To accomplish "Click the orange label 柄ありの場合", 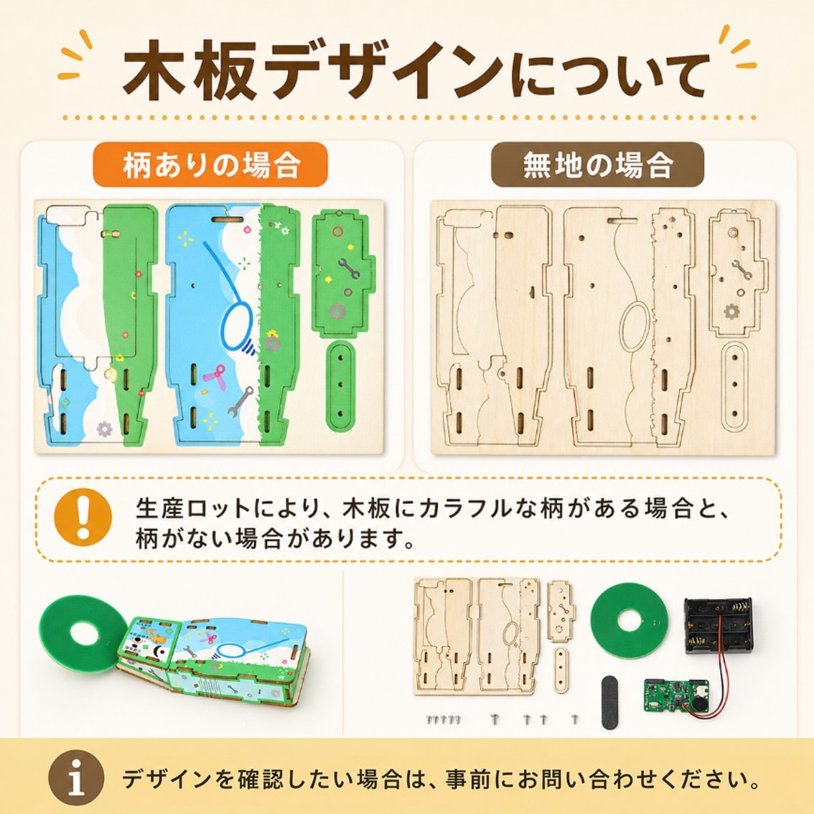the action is [210, 164].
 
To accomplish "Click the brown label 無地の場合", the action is [597, 164].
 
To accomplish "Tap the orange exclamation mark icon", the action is [83, 516].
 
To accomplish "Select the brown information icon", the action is [76, 777].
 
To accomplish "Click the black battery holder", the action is [717, 625].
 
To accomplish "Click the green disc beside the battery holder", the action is [630, 621].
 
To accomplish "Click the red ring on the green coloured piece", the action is [338, 232].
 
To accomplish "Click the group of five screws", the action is [444, 719].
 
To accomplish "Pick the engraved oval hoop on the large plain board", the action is [635, 327].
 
